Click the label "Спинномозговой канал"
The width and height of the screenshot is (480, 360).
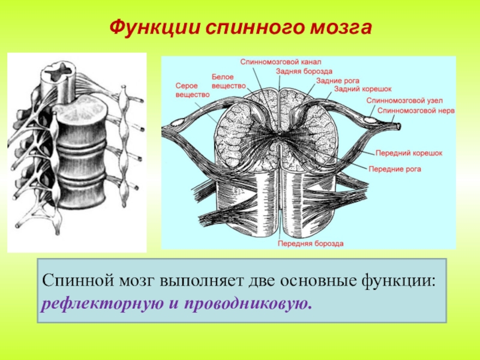(x=281, y=61)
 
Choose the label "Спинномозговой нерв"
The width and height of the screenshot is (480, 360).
(x=416, y=111)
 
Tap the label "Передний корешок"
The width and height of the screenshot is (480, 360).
(x=409, y=154)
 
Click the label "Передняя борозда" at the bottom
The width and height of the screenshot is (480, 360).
(x=310, y=244)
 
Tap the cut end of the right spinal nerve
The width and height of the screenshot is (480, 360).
(x=400, y=127)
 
